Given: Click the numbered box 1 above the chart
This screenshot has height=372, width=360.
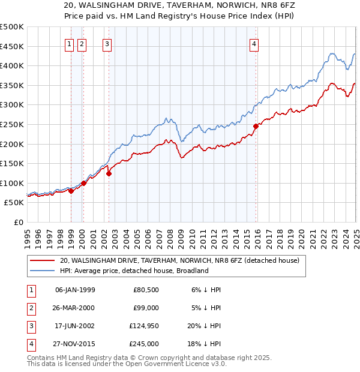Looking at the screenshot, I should pos(69,43).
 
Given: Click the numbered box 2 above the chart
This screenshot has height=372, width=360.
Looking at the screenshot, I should pos(82,43).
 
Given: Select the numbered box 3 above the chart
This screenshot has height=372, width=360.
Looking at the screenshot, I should pos(107,43).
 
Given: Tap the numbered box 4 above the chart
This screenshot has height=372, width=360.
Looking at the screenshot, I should pos(254,43).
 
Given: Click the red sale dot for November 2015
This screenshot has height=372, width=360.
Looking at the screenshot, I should pos(256,126).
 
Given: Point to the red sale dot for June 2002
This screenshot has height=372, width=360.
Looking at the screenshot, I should pos(109,173).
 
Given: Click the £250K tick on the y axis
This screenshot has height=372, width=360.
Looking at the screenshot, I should pos(12,124).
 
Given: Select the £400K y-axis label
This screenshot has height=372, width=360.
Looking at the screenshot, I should pos(12,65).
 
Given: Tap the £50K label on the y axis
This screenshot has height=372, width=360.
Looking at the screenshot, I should pos(14,203).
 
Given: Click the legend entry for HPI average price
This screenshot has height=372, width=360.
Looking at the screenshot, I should pos(133,271).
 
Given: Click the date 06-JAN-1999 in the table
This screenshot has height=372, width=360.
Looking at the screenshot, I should pos(75,290).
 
